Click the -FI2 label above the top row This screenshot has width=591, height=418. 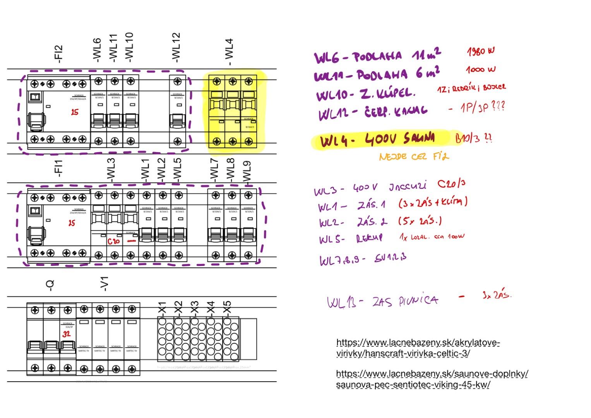tap(58, 54)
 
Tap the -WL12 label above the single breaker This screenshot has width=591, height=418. tap(176, 48)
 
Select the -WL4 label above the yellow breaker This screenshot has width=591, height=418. tap(230, 52)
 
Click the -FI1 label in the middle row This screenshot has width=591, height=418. tap(58, 168)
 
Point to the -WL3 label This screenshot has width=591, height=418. tap(111, 170)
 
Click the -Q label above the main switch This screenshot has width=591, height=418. tap(50, 284)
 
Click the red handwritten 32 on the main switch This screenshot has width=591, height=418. tap(67, 334)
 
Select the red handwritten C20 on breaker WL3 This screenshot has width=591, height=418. tap(114, 242)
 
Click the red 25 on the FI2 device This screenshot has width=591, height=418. tap(75, 112)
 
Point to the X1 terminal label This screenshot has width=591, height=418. tap(163, 307)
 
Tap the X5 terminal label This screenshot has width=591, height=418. tap(227, 307)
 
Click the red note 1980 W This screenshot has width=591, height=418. tap(480, 51)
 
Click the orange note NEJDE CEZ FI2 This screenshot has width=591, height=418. tap(414, 157)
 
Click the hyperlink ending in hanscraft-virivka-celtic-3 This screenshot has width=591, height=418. tap(418, 348)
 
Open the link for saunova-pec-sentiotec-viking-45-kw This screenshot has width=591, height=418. tap(432, 379)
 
